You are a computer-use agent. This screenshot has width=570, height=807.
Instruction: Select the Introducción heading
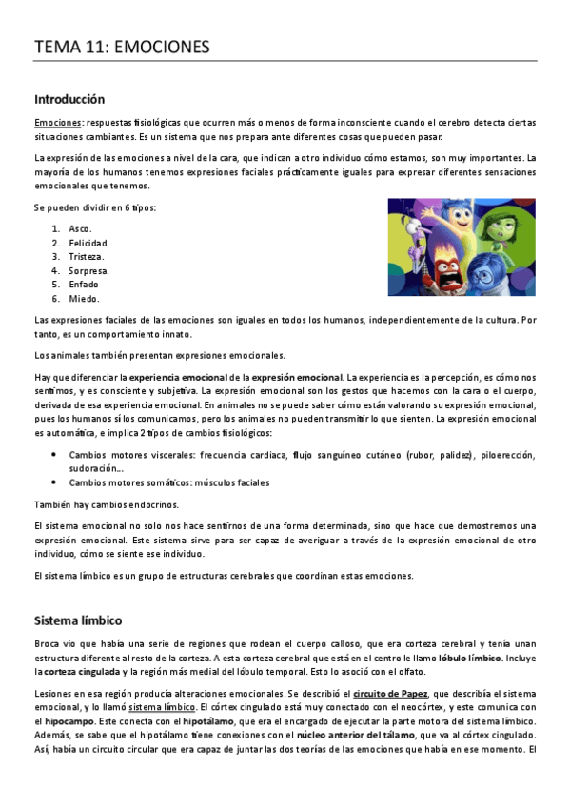[x=69, y=99]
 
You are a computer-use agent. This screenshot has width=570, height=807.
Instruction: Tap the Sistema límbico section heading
[x=78, y=620]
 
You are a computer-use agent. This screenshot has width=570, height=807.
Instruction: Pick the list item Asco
[x=80, y=228]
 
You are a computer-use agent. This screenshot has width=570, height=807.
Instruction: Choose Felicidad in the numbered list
[x=88, y=243]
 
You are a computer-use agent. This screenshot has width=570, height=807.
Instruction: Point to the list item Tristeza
[x=87, y=256]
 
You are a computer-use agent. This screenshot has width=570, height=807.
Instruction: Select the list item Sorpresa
[x=88, y=270]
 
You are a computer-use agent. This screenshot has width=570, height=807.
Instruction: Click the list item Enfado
[x=84, y=284]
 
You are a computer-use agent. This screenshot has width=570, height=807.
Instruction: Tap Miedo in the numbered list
[x=84, y=298]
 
